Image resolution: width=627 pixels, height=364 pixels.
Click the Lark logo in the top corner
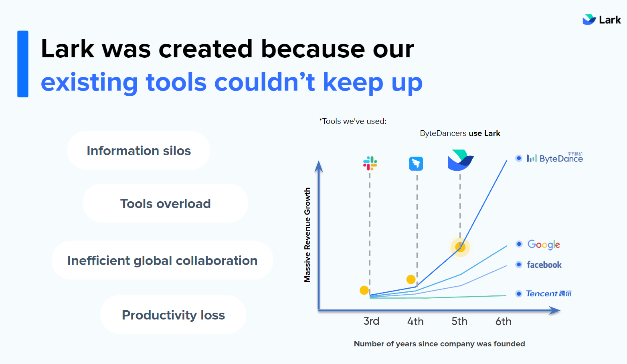pos(601,20)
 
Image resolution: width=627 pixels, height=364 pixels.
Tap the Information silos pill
pos(139,151)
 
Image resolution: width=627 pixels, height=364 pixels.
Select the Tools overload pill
pos(166,203)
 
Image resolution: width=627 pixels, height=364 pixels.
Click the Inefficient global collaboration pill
pos(162,261)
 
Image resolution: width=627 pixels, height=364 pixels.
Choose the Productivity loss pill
pos(173,315)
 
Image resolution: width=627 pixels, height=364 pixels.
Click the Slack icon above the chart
pos(370,164)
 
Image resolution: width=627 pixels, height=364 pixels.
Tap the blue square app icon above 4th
pos(416,164)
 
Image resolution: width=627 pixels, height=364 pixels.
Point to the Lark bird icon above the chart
pos(461,160)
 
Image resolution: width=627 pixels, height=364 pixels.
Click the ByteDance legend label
pos(555,158)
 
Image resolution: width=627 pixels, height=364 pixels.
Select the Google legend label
pos(544,245)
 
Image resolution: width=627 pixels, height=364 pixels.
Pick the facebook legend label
pos(544,265)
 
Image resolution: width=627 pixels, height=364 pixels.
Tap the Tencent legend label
pos(549,293)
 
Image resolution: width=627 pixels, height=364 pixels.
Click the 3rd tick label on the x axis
pos(371,321)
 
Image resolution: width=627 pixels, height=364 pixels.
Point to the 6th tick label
pos(503,321)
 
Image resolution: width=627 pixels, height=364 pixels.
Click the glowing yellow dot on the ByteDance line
pos(460,247)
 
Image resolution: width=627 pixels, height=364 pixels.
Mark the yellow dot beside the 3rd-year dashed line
pos(364,290)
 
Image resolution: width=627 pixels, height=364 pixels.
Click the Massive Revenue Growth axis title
pos(307,235)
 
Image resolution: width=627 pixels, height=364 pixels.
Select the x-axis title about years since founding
pos(439,344)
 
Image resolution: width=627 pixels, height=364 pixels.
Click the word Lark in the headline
pos(67,49)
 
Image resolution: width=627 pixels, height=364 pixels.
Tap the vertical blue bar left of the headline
pos(23,64)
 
